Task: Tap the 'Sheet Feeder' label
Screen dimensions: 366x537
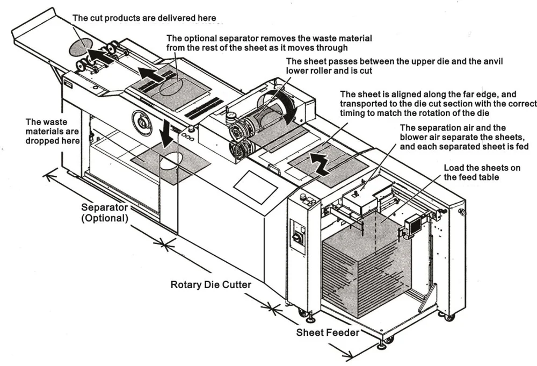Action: [x=328, y=333]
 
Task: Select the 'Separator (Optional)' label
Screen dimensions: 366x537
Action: [x=105, y=213]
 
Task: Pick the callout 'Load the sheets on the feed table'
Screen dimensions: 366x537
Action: [x=481, y=173]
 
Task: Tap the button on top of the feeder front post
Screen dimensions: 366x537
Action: [x=304, y=197]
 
